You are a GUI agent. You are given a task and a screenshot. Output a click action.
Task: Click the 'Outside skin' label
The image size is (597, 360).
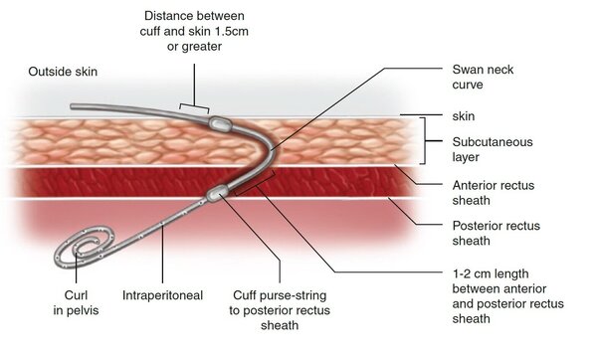point(63,72)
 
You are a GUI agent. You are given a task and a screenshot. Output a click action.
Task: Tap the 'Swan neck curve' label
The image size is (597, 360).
point(483,77)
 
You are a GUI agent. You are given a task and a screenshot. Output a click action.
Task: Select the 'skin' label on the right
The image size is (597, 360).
point(464,116)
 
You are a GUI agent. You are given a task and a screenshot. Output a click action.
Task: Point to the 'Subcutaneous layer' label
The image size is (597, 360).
point(493,149)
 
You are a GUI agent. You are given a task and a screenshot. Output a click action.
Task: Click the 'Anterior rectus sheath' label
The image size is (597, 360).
point(494,193)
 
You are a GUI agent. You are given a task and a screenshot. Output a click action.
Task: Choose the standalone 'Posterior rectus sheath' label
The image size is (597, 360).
point(497,234)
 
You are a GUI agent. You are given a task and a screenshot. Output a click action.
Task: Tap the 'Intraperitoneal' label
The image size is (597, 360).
point(162,295)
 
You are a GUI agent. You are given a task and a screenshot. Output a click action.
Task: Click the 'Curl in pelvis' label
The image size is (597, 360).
point(76,303)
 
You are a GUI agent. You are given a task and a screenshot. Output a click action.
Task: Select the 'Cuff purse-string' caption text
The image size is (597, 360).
point(280,295)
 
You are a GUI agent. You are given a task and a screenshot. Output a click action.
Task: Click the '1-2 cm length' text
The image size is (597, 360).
point(491,273)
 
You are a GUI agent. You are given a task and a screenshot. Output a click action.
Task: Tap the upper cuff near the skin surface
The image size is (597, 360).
point(219,123)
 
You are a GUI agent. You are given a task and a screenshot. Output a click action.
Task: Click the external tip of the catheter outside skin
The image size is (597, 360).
point(72,107)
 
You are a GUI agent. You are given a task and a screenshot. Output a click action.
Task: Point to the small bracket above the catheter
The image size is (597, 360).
point(194,105)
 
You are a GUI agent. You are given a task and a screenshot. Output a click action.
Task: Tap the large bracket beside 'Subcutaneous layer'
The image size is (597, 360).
point(424,141)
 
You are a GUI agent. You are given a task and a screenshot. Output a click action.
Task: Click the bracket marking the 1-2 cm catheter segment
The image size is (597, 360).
point(255,185)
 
